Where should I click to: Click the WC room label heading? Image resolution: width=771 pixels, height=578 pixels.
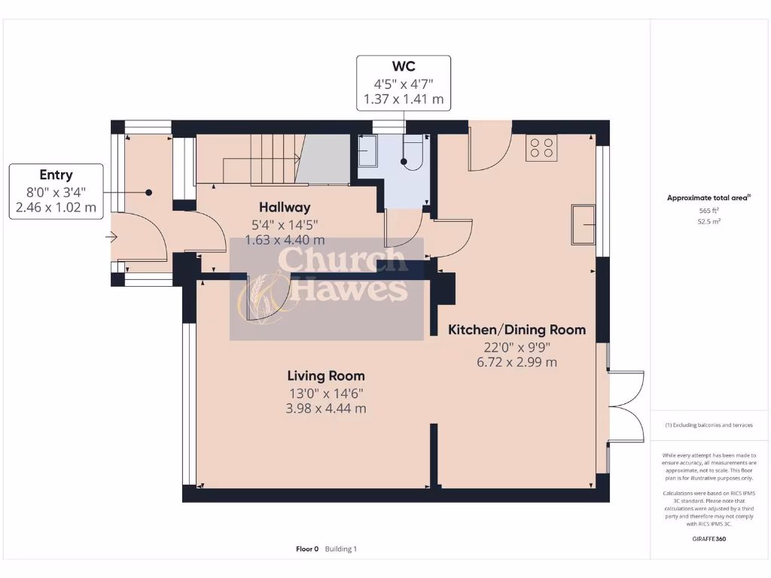coord(404,67)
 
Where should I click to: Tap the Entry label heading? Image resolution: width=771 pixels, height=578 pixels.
coord(56,175)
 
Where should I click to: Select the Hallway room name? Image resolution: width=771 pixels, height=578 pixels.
coord(285,207)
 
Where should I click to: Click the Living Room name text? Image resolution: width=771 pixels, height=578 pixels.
coord(326,376)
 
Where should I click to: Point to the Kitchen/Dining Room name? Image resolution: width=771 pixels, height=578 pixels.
coord(517,330)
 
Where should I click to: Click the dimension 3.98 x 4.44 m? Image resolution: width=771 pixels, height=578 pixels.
coord(326,409)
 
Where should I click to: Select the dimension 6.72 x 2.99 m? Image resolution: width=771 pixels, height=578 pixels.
coord(517,362)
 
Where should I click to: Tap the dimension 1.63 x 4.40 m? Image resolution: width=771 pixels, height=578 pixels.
coord(285,240)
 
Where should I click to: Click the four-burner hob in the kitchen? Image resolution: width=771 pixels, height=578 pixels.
coord(541,148)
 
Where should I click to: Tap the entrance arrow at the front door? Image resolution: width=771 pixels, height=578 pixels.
coord(112,239)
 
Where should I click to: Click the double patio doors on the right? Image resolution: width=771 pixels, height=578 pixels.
coord(626,406)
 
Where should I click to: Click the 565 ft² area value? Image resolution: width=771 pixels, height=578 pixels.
coord(708,211)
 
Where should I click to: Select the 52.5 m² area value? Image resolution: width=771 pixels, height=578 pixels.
coord(708,222)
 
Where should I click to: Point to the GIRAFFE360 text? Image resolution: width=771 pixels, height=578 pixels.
coord(708,539)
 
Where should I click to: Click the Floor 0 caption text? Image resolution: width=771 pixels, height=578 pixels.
coord(307,549)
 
